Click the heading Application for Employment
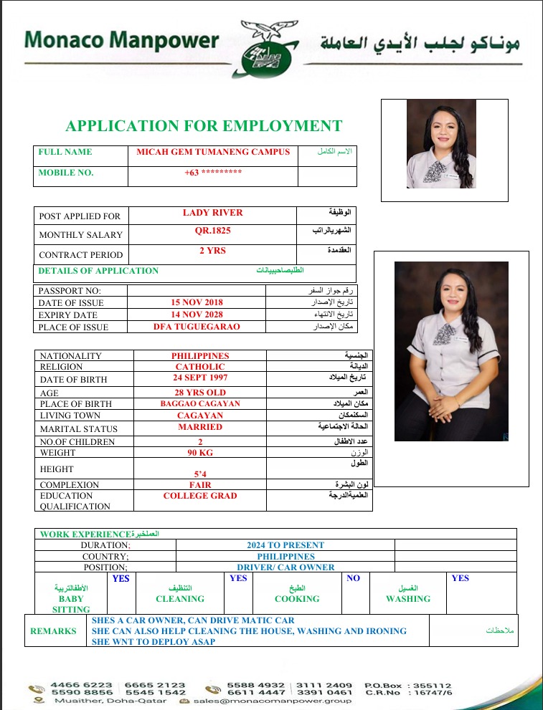204,126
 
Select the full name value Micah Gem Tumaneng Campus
213,152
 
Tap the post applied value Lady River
213,213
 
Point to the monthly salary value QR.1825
213,231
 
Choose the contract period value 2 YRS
212,251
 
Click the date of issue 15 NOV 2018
197,303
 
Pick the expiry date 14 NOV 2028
197,315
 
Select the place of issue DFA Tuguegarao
197,327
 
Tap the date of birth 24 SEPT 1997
200,378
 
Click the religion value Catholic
200,367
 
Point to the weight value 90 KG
200,453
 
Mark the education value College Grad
200,496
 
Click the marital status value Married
200,427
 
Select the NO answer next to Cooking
353,578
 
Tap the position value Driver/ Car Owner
285,567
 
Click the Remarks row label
53,631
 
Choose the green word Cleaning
180,599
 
